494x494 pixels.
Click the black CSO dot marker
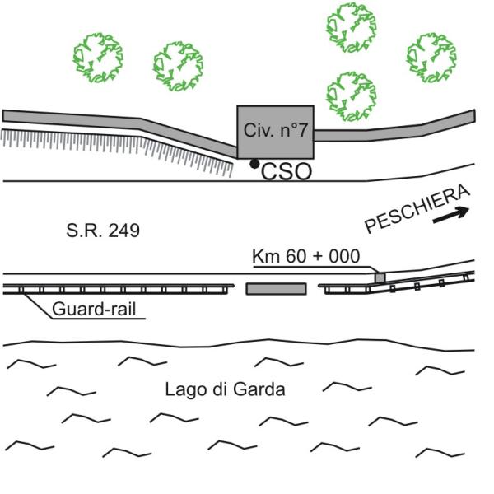click(x=254, y=164)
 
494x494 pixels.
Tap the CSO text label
click(x=287, y=172)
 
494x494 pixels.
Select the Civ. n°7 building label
click(x=275, y=130)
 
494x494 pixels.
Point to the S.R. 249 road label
click(x=103, y=231)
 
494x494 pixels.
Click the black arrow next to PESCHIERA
click(x=451, y=215)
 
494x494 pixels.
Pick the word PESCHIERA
click(x=417, y=209)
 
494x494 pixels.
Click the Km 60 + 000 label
click(x=306, y=256)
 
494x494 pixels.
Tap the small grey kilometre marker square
click(x=380, y=277)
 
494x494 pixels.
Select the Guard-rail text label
click(x=94, y=309)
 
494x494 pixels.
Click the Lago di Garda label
click(x=226, y=389)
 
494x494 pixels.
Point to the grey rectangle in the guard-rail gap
click(x=276, y=289)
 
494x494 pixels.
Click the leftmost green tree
click(x=98, y=58)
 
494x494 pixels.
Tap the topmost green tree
click(x=352, y=27)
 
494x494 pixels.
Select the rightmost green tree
click(x=431, y=58)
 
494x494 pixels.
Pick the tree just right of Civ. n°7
click(x=352, y=96)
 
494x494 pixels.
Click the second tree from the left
click(x=179, y=66)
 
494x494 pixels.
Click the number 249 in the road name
click(x=123, y=231)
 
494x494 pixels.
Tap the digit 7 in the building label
click(x=302, y=130)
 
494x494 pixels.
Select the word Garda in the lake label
click(x=259, y=389)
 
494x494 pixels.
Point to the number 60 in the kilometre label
click(x=296, y=256)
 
